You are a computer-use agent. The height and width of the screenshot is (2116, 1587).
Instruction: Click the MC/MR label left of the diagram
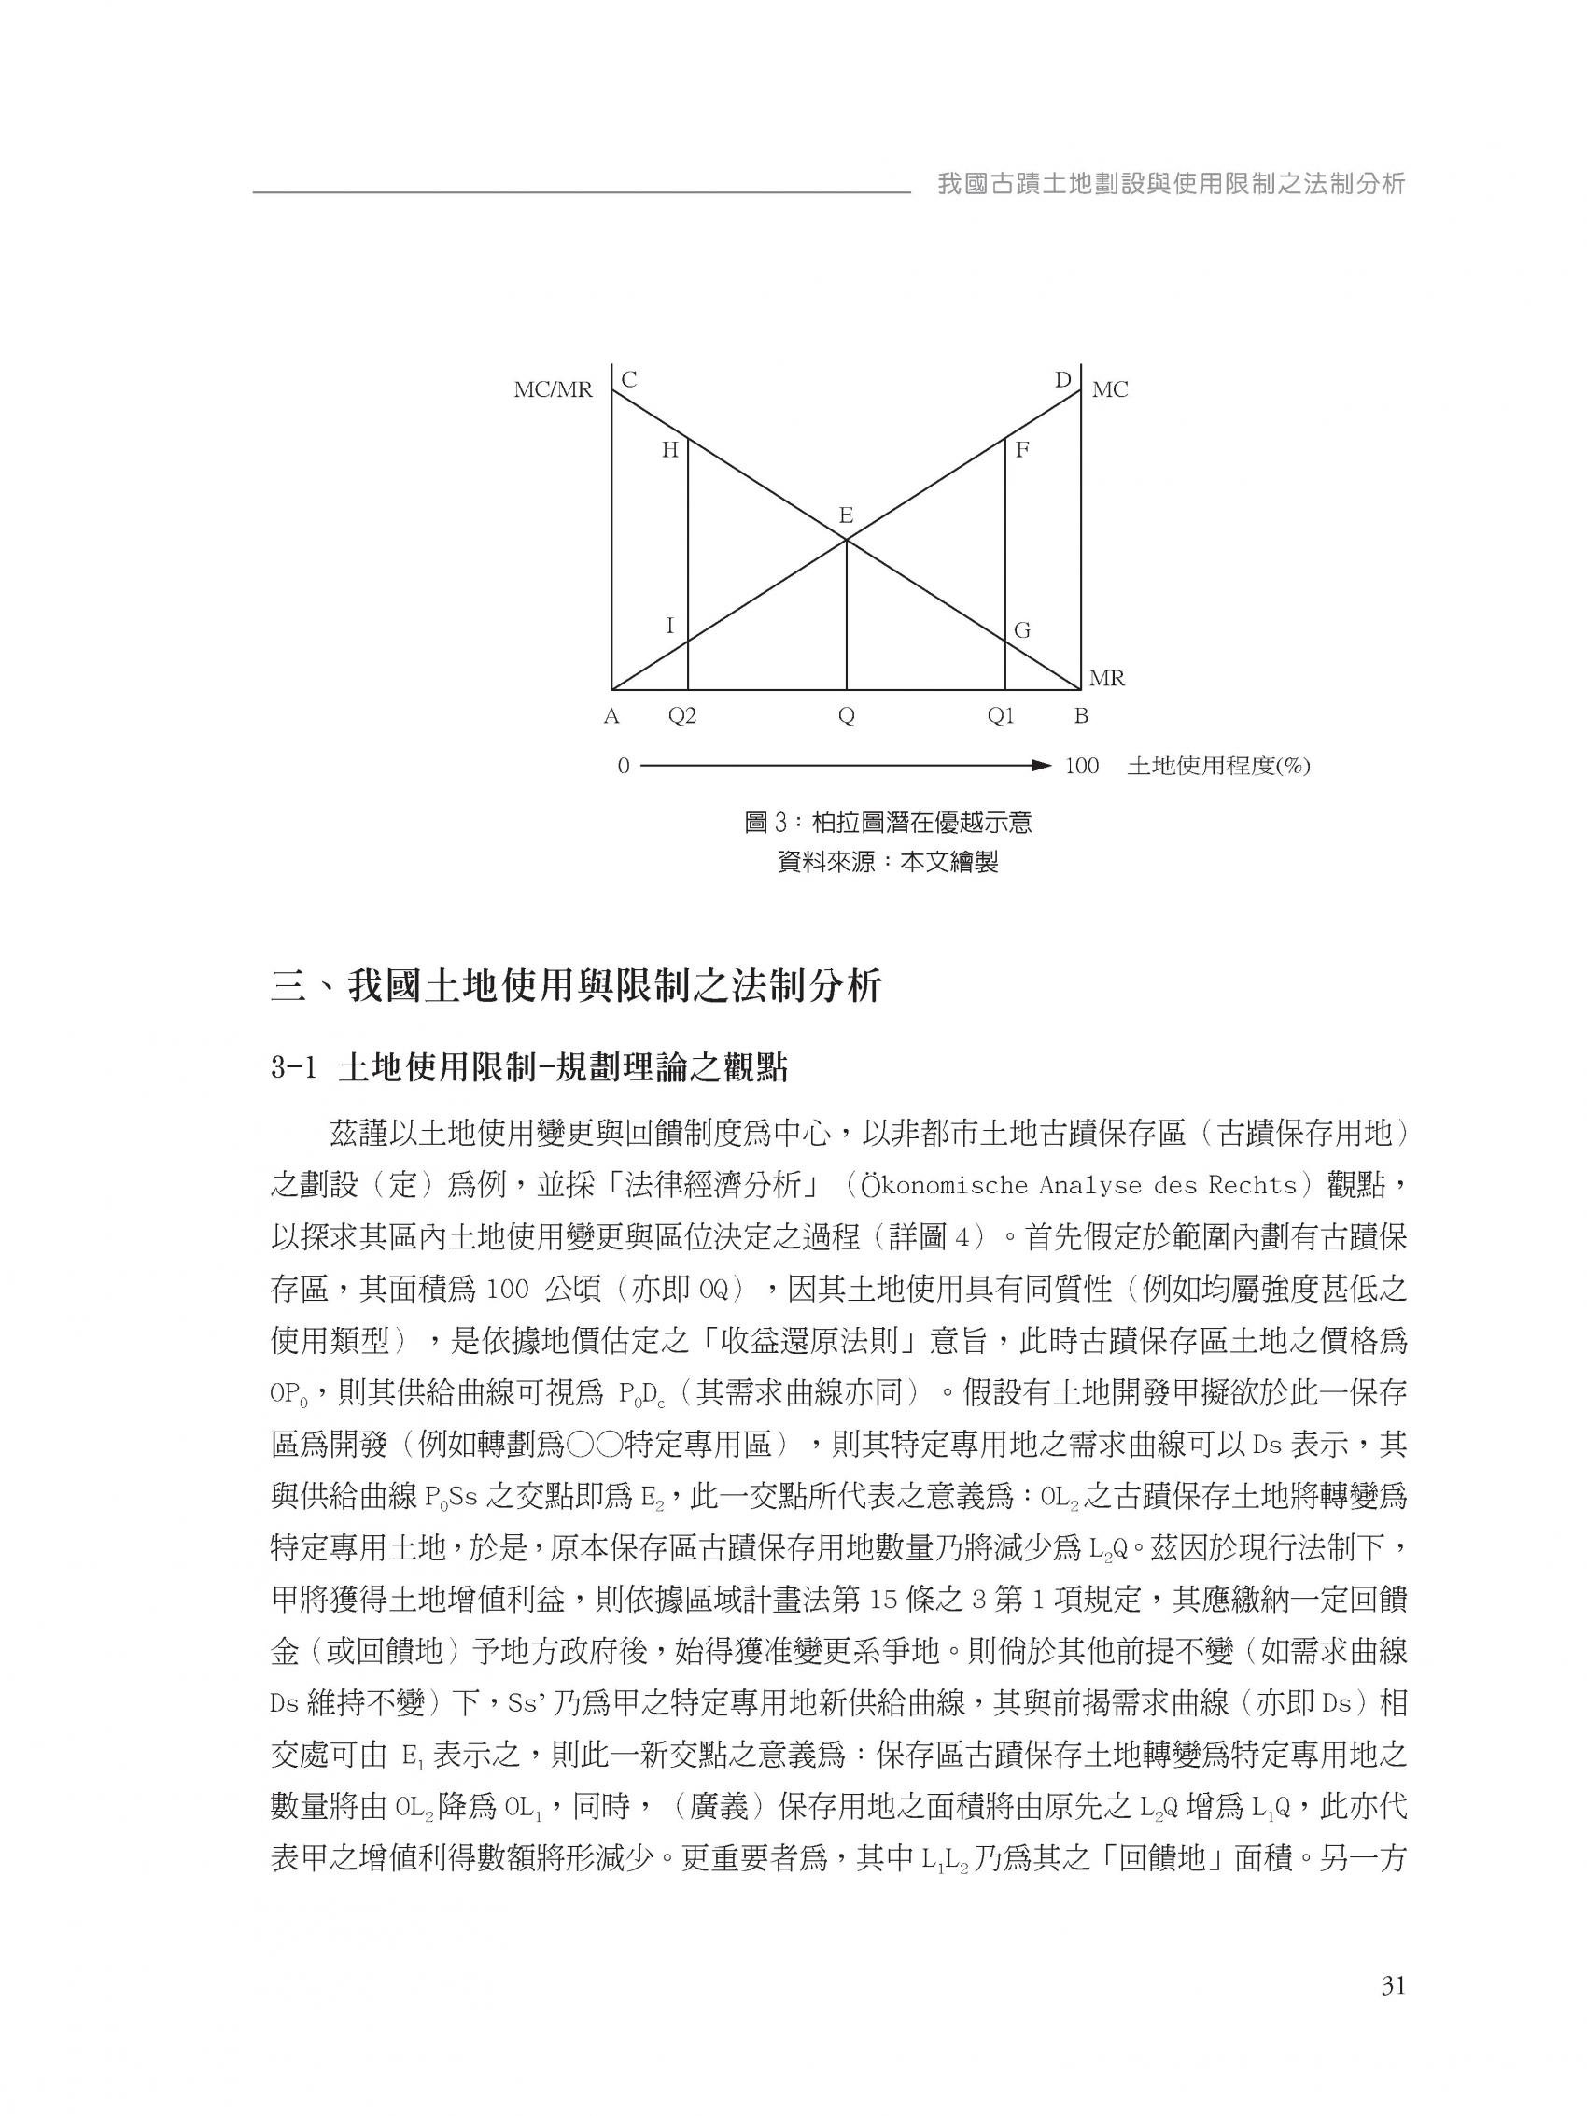click(553, 390)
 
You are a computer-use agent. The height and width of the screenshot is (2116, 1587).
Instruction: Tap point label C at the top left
click(628, 380)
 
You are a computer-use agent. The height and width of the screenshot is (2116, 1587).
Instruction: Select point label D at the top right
click(1062, 380)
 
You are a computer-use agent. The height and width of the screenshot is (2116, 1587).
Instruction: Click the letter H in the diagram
click(669, 449)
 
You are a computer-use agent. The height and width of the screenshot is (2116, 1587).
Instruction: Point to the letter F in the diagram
click(1021, 449)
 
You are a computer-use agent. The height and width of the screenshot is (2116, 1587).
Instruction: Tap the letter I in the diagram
click(669, 626)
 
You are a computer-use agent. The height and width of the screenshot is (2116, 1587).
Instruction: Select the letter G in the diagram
click(1021, 630)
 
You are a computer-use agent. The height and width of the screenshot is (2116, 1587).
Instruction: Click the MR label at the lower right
click(1107, 679)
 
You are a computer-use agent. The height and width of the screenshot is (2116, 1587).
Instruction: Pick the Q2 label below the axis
click(682, 716)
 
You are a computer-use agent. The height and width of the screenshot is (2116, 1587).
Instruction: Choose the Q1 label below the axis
click(1001, 716)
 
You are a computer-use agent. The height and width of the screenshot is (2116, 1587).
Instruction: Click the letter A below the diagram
click(611, 716)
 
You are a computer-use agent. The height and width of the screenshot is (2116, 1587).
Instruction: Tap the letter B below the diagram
click(1081, 716)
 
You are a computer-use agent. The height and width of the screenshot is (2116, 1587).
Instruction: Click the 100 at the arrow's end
click(1081, 767)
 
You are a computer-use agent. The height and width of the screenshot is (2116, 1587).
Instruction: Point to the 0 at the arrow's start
click(623, 767)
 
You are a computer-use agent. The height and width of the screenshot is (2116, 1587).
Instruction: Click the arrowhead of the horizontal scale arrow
click(1043, 766)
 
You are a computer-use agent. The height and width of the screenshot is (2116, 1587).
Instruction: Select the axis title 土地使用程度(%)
click(1217, 767)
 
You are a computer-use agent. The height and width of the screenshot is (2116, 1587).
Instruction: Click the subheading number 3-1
click(293, 1068)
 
